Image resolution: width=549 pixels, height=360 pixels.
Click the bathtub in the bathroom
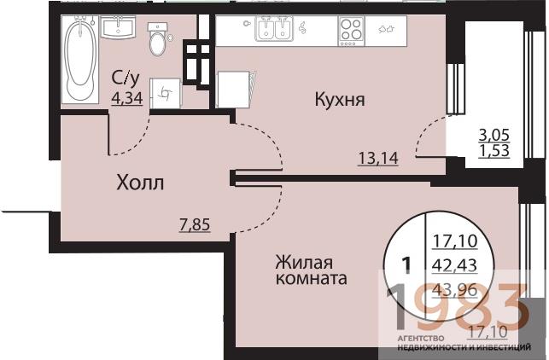[80, 55]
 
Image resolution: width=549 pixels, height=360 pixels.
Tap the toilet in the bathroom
[157, 39]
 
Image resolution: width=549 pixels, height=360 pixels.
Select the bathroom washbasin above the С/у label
[117, 29]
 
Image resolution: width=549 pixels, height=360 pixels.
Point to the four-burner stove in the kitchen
[350, 31]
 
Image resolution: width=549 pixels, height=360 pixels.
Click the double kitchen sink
[274, 31]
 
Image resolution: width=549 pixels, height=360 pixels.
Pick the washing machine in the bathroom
[166, 92]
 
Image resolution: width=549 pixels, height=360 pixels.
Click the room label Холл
[140, 182]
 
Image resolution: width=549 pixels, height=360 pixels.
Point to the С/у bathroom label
[126, 79]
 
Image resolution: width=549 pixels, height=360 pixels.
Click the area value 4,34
[126, 96]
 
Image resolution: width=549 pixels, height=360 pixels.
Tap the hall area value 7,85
[194, 225]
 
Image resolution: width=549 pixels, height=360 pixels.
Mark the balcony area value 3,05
[495, 135]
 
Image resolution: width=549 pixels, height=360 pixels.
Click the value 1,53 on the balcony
[495, 151]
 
